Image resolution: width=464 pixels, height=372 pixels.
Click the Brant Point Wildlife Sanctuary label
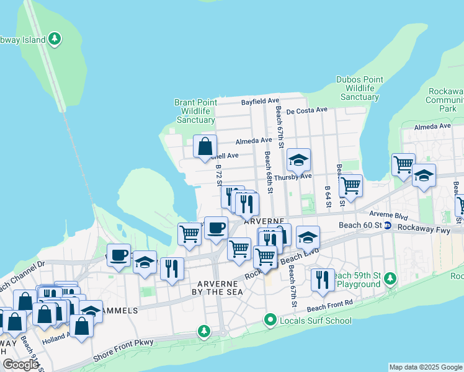point(195,111)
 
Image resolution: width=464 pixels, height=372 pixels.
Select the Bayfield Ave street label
point(260,100)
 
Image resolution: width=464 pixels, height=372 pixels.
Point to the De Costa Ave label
point(308,110)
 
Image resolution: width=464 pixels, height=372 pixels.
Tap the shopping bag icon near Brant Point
point(205,147)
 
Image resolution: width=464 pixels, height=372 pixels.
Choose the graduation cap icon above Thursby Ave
point(298,161)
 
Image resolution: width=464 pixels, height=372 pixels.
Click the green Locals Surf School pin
point(270,321)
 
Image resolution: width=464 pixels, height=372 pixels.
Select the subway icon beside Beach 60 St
point(387,225)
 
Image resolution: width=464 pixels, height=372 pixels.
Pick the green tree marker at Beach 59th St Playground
point(390,277)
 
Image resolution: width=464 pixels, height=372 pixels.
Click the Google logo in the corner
point(20,364)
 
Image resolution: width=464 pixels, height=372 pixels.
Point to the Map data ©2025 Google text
point(425,367)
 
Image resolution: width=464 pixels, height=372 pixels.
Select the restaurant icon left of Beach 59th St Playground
point(321,280)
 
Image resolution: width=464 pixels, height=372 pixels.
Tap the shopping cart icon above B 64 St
point(350,185)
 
